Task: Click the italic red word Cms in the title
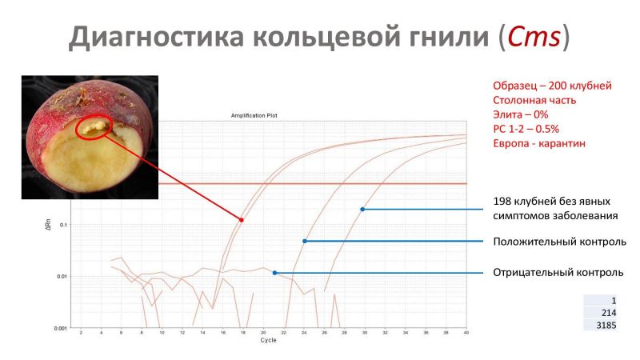[x=534, y=36]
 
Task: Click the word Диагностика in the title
[x=156, y=38]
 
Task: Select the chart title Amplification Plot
[x=254, y=115]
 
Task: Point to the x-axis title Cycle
[x=268, y=340]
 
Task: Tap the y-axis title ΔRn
[x=48, y=224]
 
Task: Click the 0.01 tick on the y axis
[x=62, y=277]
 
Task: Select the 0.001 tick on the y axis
[x=61, y=328]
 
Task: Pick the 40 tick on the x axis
[x=466, y=333]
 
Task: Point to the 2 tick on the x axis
[x=81, y=333]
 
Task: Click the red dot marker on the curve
[x=242, y=220]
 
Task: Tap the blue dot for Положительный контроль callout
[x=305, y=242]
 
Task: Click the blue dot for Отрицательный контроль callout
[x=274, y=273]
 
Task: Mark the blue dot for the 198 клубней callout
[x=362, y=210]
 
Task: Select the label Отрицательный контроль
[x=558, y=272]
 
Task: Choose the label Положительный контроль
[x=559, y=242]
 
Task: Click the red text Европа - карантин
[x=539, y=144]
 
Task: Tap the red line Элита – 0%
[x=521, y=114]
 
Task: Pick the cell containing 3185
[x=600, y=326]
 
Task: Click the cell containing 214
[x=600, y=313]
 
